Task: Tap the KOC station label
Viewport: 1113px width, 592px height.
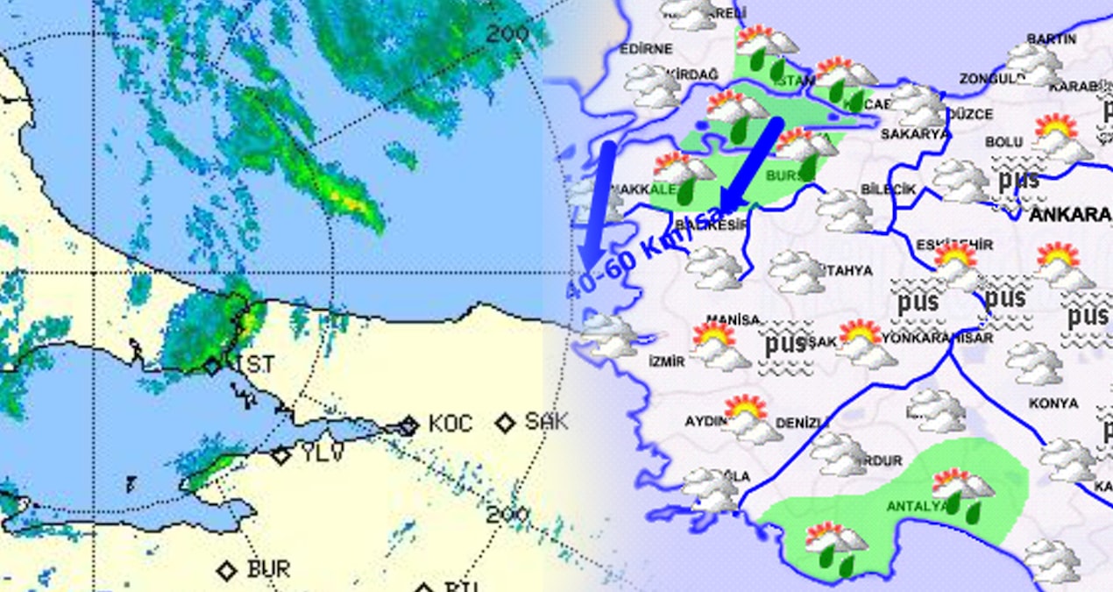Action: click(x=450, y=424)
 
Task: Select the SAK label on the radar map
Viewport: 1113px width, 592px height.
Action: click(x=546, y=422)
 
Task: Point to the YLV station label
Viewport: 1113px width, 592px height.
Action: click(x=323, y=453)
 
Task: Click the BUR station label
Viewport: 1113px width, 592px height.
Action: click(x=268, y=569)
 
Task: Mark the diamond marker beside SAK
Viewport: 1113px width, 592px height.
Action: click(x=505, y=424)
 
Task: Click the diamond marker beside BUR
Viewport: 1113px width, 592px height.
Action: click(x=227, y=571)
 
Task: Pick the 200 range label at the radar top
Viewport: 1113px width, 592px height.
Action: click(x=508, y=34)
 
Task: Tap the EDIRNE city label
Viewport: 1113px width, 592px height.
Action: click(x=646, y=49)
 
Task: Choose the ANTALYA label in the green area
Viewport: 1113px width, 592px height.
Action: click(x=916, y=507)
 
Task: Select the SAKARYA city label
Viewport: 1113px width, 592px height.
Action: click(x=915, y=134)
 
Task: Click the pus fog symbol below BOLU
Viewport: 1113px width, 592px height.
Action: click(x=1017, y=182)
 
